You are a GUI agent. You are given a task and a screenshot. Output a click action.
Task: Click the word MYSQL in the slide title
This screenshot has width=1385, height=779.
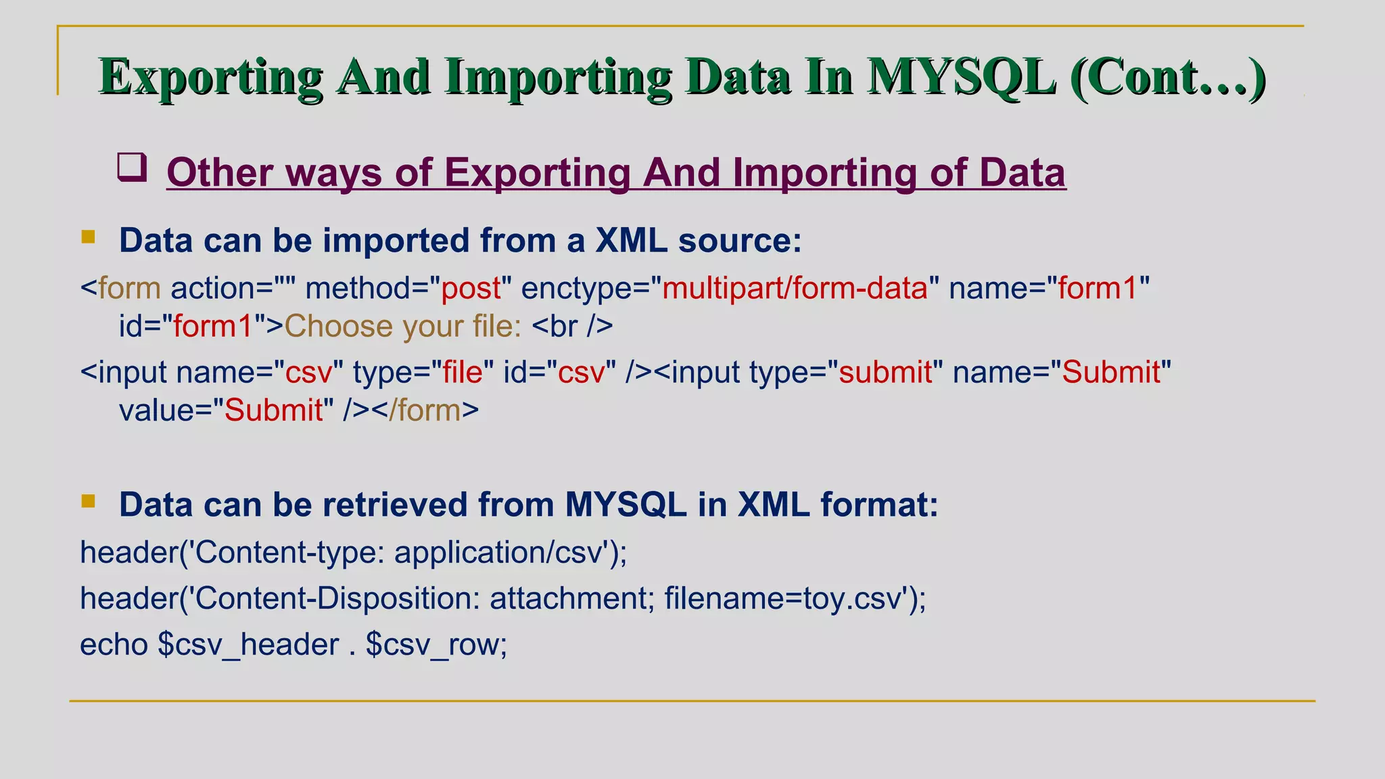click(961, 77)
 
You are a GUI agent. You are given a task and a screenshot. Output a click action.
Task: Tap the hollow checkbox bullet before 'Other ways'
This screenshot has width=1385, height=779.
click(132, 167)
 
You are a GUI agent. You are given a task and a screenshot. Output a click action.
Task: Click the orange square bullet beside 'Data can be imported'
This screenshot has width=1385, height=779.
click(89, 237)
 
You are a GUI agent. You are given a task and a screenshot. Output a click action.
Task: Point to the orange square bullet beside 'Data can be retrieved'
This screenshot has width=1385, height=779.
click(89, 501)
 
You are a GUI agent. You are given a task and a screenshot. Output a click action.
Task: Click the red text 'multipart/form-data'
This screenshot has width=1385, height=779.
click(795, 289)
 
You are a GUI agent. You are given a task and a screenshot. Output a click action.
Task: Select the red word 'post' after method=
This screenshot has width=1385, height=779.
click(471, 289)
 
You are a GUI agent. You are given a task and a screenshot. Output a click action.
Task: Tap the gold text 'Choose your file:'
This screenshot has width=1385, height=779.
click(402, 327)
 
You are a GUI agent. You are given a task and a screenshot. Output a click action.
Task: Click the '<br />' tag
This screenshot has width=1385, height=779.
click(572, 327)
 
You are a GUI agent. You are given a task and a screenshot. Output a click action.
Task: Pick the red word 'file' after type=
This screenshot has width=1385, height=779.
click(463, 373)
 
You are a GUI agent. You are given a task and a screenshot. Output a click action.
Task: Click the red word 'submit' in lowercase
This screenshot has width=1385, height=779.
click(885, 373)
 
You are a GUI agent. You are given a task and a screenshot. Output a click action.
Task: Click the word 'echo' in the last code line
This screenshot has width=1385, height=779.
click(114, 644)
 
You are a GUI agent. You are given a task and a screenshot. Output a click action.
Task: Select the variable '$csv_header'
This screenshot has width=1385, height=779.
click(248, 644)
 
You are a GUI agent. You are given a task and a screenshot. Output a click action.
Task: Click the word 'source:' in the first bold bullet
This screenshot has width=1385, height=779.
click(740, 241)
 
